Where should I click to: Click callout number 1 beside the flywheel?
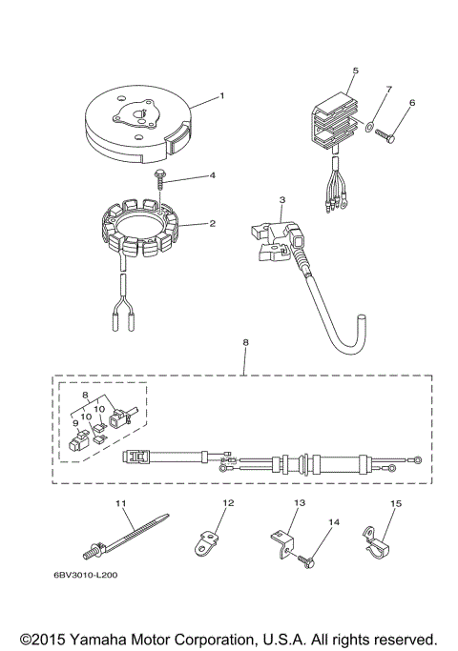point(221,95)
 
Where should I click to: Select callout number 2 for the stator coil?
point(212,224)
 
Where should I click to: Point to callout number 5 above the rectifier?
point(355,71)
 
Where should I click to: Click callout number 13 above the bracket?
point(299,501)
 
